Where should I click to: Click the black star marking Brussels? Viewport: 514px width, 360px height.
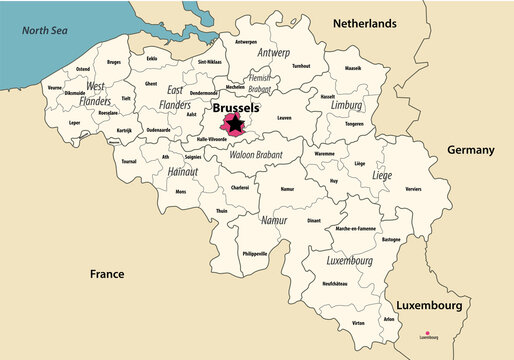coord(234,124)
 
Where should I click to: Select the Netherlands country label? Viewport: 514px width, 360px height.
coord(365,23)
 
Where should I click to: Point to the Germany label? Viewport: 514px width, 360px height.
coord(470,150)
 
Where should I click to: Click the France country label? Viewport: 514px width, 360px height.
coord(106,273)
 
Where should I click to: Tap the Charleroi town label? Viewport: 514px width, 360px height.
coord(240,187)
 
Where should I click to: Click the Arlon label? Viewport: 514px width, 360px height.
coord(389,319)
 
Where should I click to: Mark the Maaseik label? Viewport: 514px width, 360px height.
coord(353,68)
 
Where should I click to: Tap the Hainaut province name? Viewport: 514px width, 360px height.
coord(183,172)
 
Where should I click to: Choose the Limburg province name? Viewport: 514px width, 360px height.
coord(347,105)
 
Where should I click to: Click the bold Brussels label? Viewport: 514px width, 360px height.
coord(235,107)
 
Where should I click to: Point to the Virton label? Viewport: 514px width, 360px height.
coord(358,324)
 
